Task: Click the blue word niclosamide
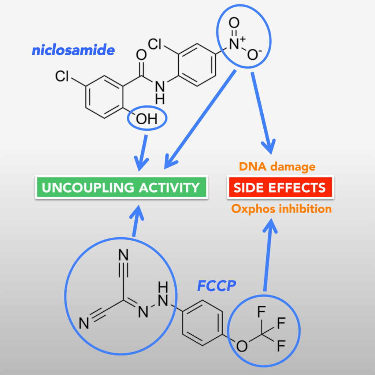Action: pyautogui.click(x=73, y=50)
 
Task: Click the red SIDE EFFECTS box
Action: pyautogui.click(x=280, y=188)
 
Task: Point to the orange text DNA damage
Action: pyautogui.click(x=277, y=167)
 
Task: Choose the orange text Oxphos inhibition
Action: pyautogui.click(x=281, y=209)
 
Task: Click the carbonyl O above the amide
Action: pyautogui.click(x=141, y=55)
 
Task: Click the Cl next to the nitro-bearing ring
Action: pyautogui.click(x=155, y=44)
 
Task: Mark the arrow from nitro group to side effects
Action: pyautogui.click(x=261, y=114)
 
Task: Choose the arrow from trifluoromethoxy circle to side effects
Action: pyautogui.click(x=267, y=256)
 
